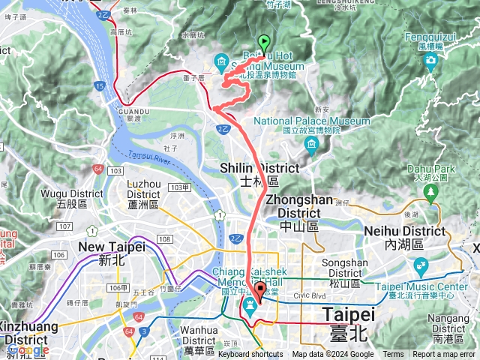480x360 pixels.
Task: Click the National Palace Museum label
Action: [x=311, y=121]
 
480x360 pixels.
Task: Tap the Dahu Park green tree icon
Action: [x=430, y=193]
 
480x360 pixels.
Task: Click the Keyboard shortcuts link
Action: [x=255, y=355]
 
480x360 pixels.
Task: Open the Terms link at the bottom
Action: [x=393, y=355]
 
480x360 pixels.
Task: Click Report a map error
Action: [x=443, y=355]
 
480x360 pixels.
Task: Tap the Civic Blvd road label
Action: [x=313, y=296]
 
